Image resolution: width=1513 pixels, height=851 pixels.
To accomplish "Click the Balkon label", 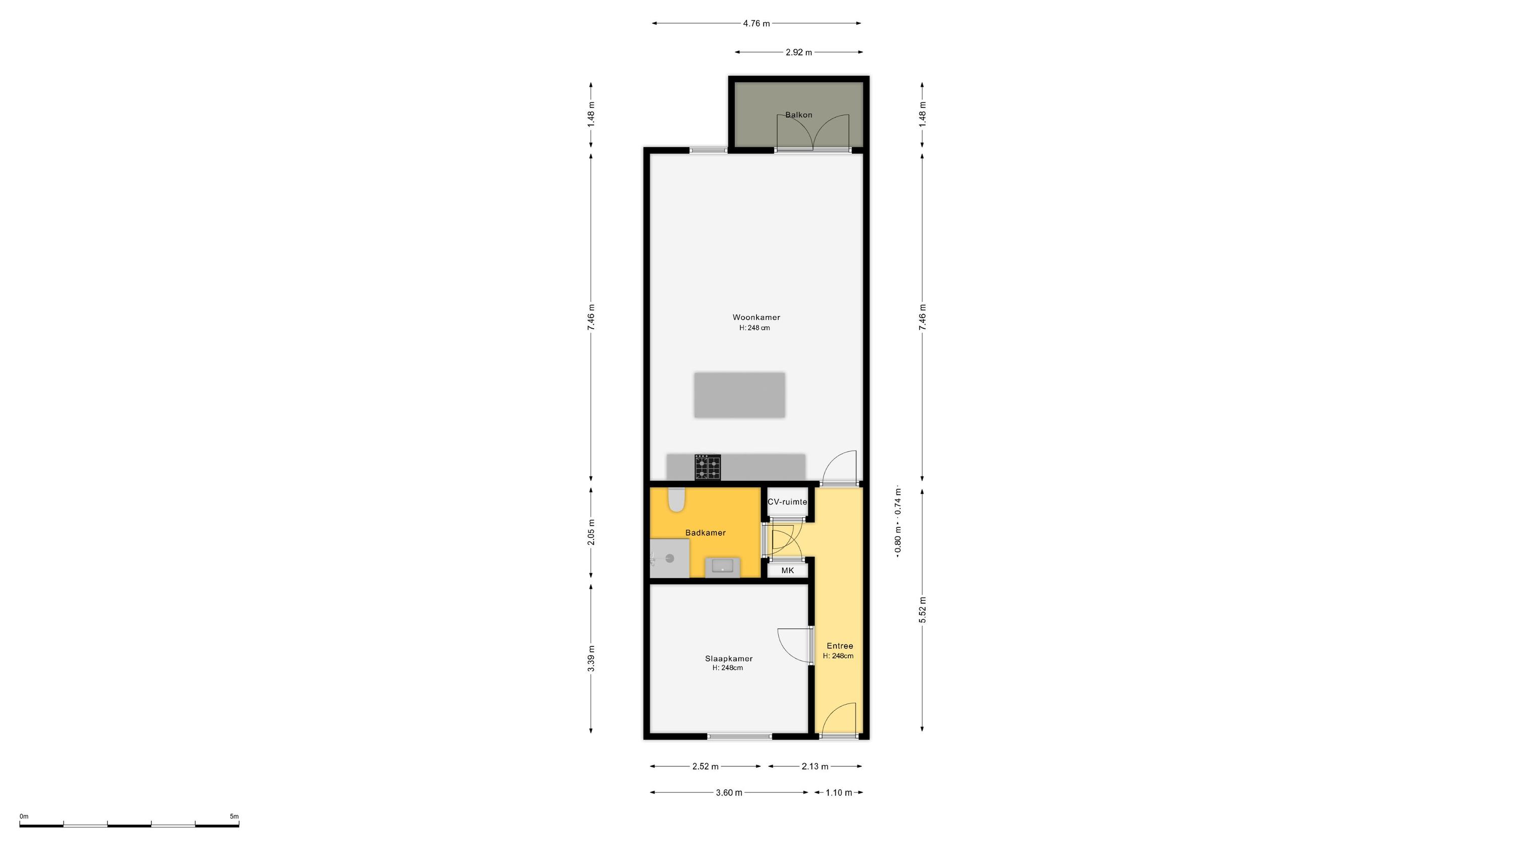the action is tap(799, 114).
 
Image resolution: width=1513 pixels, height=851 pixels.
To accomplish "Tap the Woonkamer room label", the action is tap(756, 318).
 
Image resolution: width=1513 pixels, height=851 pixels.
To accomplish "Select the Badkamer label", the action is tap(706, 533).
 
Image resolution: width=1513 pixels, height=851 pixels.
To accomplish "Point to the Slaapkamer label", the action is tap(728, 658).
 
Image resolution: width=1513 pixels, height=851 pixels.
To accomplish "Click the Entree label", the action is tap(839, 646).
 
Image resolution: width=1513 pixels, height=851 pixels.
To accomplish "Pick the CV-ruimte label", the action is tap(788, 502).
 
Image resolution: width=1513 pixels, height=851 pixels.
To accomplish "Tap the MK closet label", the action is tap(787, 570).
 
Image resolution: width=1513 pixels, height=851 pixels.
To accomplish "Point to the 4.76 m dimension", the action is tap(756, 24).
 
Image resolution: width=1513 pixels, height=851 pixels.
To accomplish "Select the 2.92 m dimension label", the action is tap(799, 52).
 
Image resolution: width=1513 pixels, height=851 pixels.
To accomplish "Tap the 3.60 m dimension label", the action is tap(729, 793).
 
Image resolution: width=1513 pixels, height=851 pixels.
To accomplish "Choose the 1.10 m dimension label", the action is tap(839, 793).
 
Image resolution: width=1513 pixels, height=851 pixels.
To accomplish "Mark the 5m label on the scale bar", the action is tap(235, 816).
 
